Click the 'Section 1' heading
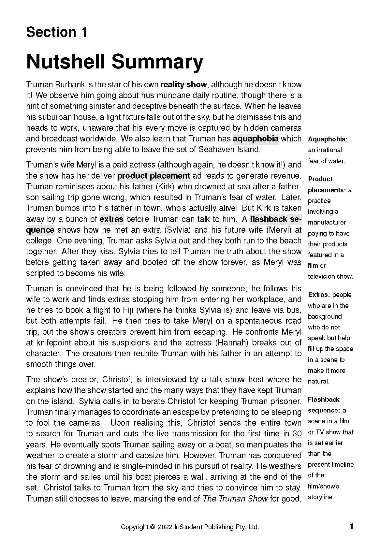pos(57,32)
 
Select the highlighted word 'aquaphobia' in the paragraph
pos(256,139)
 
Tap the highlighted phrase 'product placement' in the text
pos(153,176)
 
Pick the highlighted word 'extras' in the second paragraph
pos(111,219)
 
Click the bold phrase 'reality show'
pos(183,85)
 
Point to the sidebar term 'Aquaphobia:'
pos(328,139)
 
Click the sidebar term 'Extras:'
pos(319,295)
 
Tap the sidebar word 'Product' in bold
pos(320,179)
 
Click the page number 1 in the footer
pos(351,527)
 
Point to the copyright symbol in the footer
pos(152,527)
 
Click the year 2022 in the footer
pos(165,527)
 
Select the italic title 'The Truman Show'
pos(235,499)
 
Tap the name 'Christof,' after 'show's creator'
pos(116,380)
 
